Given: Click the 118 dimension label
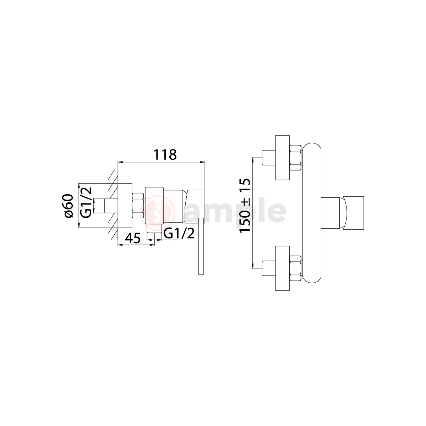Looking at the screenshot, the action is (x=165, y=155).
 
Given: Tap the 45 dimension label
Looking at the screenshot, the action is (x=133, y=238).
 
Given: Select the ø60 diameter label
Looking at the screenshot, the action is (x=69, y=206).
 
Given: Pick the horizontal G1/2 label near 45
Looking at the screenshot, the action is (x=179, y=233).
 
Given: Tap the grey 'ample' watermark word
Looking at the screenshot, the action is (x=235, y=211).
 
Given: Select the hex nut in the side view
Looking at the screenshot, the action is (x=138, y=206).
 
